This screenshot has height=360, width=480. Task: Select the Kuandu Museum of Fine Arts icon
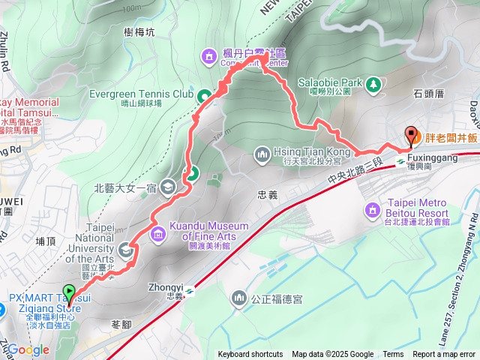pos(158,235)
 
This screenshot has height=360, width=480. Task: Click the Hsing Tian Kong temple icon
pos(262,154)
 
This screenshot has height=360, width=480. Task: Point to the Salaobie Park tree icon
pos(373,86)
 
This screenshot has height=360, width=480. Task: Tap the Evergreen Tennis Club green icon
pos(203,95)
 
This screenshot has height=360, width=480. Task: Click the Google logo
pos(28,349)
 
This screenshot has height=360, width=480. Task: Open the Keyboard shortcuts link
pos(250,355)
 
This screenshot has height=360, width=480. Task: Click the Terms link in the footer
pos(393,355)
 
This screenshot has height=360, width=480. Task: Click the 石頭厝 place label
pos(429,95)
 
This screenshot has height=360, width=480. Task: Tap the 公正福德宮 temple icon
pos(238,299)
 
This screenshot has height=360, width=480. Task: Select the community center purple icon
pos(208,55)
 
